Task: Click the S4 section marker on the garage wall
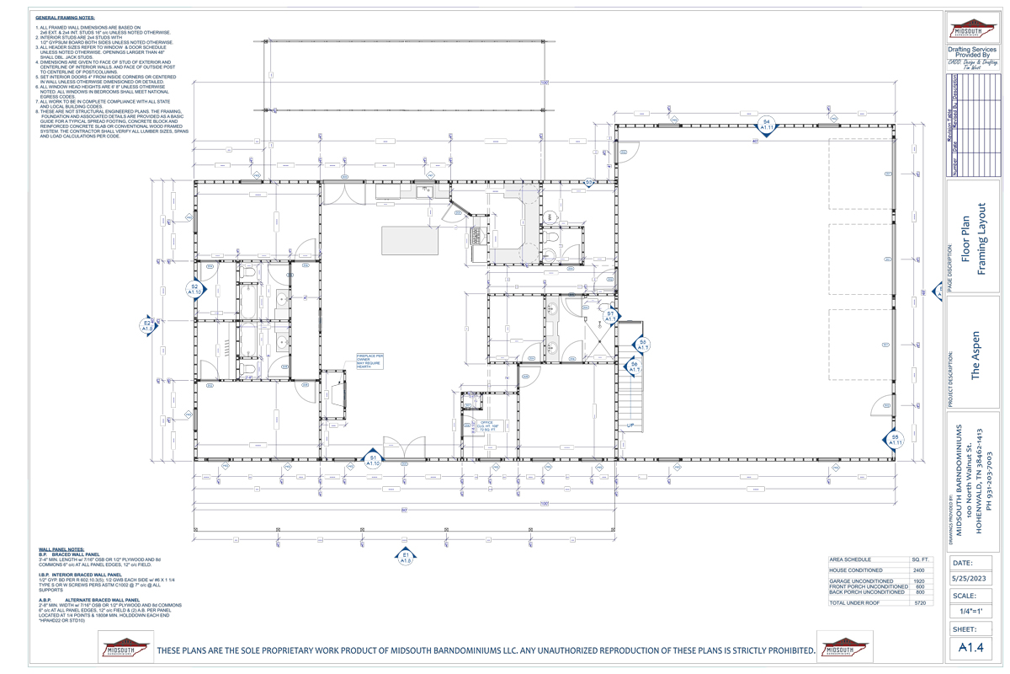point(766,126)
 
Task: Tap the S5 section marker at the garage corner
point(895,439)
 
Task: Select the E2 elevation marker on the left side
point(146,325)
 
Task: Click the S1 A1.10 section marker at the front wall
point(373,460)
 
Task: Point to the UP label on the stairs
point(630,425)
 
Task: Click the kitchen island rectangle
point(410,240)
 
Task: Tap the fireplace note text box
point(370,361)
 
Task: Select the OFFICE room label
point(486,422)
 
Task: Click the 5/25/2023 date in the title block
point(973,579)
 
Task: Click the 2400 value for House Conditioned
point(918,570)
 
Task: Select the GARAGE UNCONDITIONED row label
point(861,581)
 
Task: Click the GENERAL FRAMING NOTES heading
point(65,17)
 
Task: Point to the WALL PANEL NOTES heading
point(61,549)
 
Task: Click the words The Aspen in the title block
point(975,354)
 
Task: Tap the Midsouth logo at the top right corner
point(973,28)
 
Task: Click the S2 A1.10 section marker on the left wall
point(194,290)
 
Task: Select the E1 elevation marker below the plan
point(406,556)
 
